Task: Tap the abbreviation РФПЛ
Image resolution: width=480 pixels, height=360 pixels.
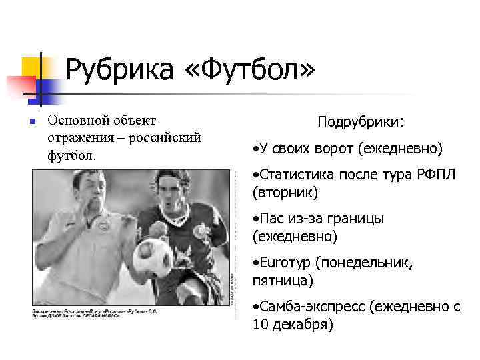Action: point(437,175)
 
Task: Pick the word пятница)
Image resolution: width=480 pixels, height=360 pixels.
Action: point(283,281)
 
